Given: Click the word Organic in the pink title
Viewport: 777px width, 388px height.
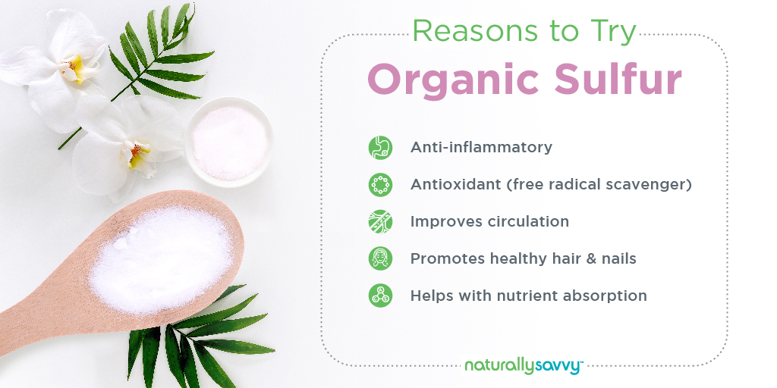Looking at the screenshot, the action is point(455,80).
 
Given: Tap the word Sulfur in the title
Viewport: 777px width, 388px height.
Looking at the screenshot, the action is point(618,79).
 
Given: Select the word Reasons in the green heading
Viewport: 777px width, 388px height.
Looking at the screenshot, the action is point(474,32).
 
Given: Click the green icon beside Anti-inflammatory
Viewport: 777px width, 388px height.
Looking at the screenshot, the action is point(380,148).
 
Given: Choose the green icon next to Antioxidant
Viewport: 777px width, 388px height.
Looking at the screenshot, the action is point(380,185).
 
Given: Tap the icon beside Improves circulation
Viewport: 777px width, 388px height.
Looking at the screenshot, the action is point(380,222).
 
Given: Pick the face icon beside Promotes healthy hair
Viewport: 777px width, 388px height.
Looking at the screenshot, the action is point(380,258).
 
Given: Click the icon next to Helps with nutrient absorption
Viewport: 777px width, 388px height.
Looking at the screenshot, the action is point(380,296).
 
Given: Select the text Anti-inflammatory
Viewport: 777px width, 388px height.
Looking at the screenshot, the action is point(481,148).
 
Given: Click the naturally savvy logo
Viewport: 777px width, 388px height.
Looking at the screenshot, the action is point(524,366).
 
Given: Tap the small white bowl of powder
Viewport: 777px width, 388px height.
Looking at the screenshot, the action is point(229,142).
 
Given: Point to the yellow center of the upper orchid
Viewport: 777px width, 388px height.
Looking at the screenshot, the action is point(74,68).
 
